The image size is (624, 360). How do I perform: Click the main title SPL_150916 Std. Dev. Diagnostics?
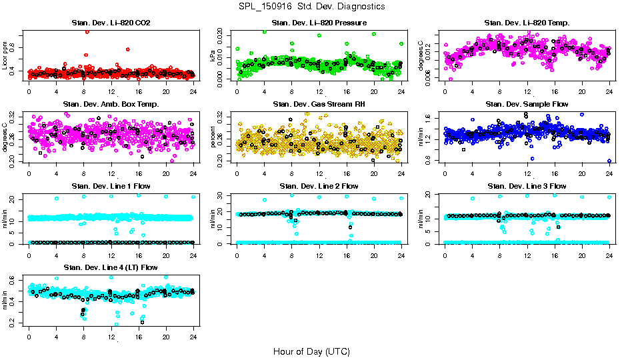(x=311, y=7)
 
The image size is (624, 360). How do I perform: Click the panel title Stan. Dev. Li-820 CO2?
(x=111, y=23)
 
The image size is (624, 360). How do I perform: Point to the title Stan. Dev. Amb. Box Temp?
(x=111, y=104)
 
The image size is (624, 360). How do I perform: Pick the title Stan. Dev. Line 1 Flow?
(x=111, y=185)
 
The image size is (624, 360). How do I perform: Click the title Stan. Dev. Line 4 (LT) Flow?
(x=111, y=267)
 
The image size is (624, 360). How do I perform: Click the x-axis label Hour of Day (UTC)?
(x=311, y=351)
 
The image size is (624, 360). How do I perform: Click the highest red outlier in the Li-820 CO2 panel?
(x=87, y=31)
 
